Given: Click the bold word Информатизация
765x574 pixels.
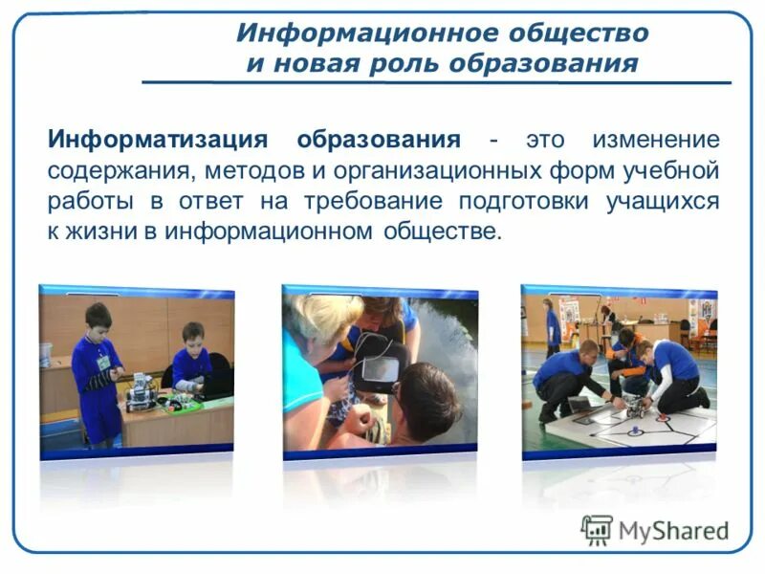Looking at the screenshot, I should point(158,140).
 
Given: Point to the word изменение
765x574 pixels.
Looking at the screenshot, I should point(655,140).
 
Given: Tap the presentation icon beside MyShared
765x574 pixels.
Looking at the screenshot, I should point(597,529).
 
